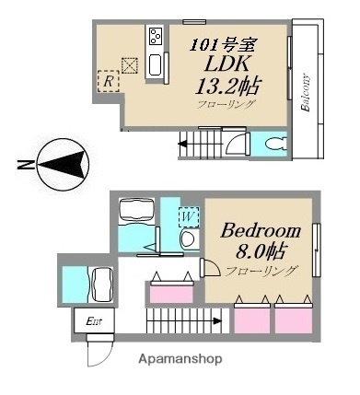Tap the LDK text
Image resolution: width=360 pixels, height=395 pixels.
click(226, 67)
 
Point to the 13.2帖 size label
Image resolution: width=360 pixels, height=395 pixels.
click(226, 88)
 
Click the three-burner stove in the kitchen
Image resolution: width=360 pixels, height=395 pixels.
click(154, 38)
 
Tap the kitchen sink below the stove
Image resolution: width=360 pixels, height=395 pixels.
click(155, 66)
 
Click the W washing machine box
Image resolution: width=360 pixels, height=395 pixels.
click(188, 216)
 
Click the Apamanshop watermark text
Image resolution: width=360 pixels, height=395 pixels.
click(180, 358)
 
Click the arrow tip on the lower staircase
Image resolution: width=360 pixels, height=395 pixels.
click(219, 321)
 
